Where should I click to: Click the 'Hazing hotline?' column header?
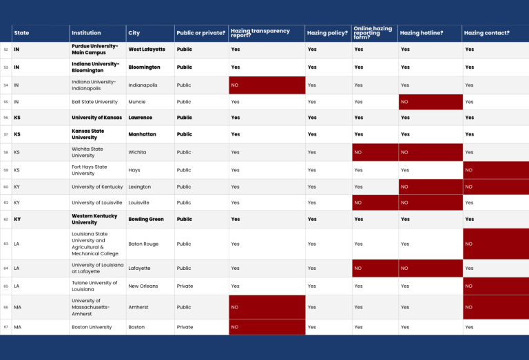click(422, 33)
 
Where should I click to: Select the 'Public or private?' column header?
click(200, 33)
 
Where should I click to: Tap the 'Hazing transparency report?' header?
click(260, 33)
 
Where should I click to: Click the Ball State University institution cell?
click(94, 102)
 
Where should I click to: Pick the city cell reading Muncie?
click(137, 102)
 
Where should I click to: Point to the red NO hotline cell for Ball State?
click(431, 102)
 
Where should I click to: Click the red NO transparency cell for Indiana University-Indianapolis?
click(267, 85)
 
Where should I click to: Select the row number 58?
click(6, 152)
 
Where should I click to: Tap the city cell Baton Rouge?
click(143, 244)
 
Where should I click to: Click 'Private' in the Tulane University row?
click(185, 286)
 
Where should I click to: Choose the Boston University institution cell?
click(92, 327)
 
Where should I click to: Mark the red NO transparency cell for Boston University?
click(267, 327)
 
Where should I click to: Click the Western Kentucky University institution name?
click(94, 219)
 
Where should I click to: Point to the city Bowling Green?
click(146, 219)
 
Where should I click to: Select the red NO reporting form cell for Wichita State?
click(375, 152)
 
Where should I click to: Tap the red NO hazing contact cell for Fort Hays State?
click(496, 170)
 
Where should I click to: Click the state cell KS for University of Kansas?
click(17, 118)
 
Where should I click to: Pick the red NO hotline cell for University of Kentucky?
click(431, 187)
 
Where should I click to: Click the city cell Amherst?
click(138, 308)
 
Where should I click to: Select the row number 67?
click(6, 327)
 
